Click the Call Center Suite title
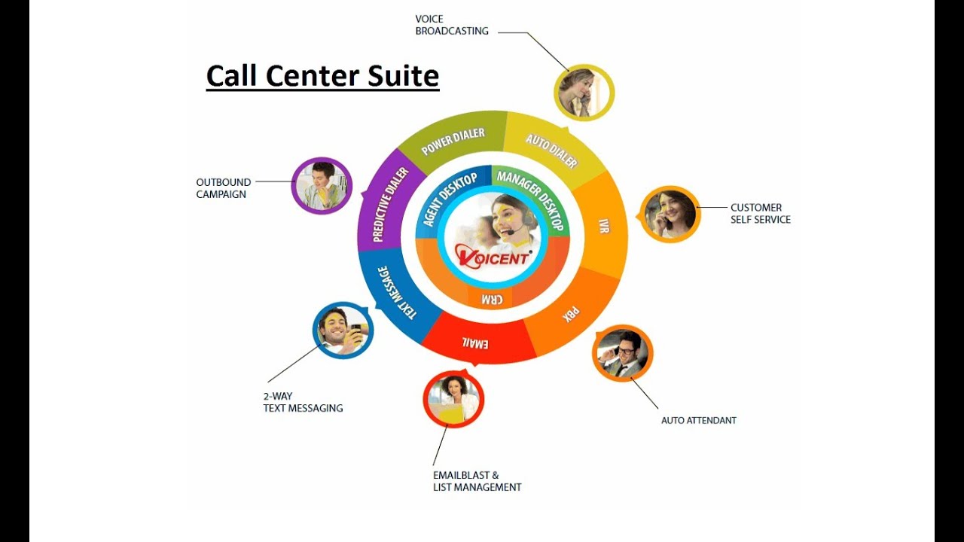322,76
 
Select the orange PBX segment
572,313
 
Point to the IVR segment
602,226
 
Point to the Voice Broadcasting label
452,25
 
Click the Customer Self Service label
760,214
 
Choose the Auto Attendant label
698,420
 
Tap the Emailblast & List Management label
477,481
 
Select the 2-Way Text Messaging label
303,402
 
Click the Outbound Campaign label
224,188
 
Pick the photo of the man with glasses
623,353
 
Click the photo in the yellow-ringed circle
584,93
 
